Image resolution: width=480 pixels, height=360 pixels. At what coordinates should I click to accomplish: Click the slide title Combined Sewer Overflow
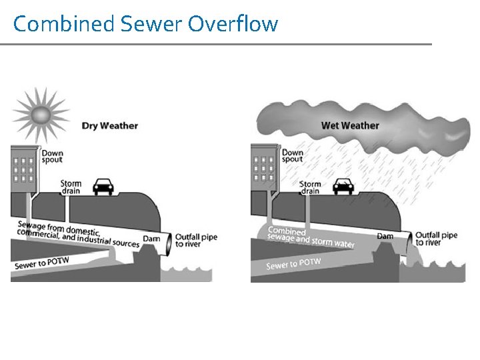point(145,24)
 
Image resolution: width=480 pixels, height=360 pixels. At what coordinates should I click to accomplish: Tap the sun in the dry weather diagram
point(42,114)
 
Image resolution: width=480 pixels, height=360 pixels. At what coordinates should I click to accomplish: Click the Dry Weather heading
point(110,125)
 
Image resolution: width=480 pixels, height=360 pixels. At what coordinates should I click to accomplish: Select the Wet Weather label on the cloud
point(350,125)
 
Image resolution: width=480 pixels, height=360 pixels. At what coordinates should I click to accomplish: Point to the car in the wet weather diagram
point(343,187)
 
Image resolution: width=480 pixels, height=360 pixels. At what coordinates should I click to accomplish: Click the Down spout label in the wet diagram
point(293,156)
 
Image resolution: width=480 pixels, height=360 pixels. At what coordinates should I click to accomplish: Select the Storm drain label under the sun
point(71,187)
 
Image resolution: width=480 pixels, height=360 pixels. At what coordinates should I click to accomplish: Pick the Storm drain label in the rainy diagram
point(310,187)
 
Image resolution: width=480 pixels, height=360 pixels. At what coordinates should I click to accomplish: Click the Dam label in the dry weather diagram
point(151,239)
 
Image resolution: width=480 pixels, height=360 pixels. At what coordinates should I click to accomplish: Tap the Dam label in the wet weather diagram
point(385,236)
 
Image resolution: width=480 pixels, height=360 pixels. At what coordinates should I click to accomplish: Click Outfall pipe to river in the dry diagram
point(196,240)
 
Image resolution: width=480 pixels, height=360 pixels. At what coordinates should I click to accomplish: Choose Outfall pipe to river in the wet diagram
point(436,239)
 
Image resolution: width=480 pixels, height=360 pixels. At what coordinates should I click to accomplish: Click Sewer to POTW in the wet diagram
point(293,264)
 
